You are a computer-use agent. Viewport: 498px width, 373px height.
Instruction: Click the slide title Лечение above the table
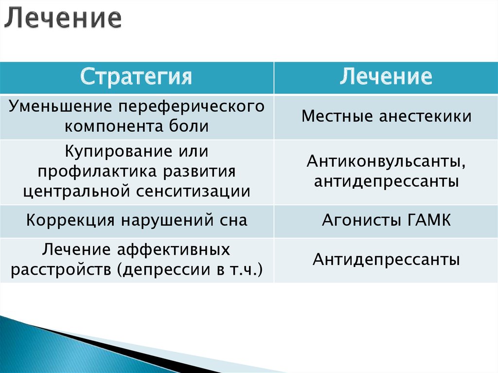point(63,18)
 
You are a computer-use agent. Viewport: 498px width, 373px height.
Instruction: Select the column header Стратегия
point(136,77)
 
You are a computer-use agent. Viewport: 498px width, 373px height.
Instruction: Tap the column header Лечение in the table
point(386,77)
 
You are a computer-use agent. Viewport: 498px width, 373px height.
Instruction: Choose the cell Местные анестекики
point(386,117)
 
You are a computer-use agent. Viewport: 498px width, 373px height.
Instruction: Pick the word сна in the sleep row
point(232,220)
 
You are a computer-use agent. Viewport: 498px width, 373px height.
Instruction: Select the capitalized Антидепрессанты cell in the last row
point(386,259)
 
